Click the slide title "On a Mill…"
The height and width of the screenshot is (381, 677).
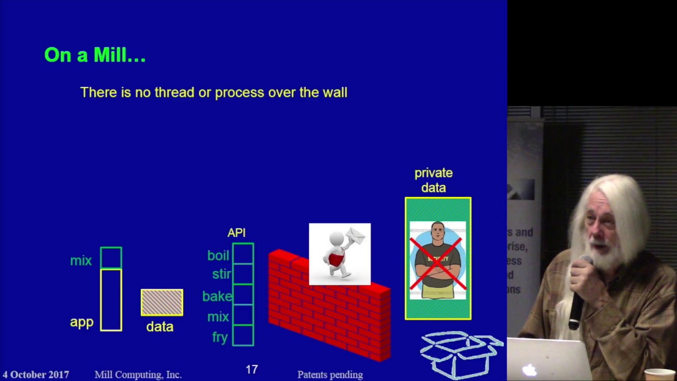(x=95, y=55)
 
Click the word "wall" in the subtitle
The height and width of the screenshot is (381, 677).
(x=335, y=93)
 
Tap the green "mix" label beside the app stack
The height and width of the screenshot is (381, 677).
(x=81, y=261)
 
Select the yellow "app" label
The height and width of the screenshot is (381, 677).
(x=81, y=322)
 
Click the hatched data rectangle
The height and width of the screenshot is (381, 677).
(x=162, y=303)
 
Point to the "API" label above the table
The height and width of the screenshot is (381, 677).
(x=236, y=233)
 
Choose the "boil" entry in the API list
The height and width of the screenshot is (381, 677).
(x=218, y=256)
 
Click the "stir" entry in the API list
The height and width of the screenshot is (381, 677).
(x=221, y=274)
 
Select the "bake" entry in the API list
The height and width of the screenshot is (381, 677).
(x=217, y=296)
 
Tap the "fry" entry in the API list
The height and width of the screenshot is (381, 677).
(x=219, y=337)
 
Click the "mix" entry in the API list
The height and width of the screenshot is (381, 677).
(x=218, y=317)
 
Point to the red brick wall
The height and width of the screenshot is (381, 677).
(x=328, y=312)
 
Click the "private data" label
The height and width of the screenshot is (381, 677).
(x=433, y=180)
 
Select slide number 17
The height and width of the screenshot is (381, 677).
(x=252, y=370)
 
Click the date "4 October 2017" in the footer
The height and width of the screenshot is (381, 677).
(x=35, y=375)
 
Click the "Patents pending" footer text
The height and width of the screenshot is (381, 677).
(x=330, y=375)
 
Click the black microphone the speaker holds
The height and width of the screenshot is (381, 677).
(x=578, y=296)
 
